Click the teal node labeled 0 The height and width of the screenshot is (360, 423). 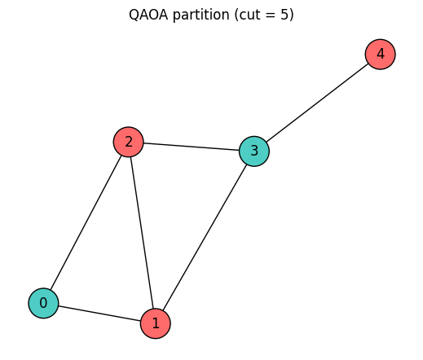43,303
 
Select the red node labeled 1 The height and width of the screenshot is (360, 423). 156,323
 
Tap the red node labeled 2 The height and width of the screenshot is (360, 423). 128,143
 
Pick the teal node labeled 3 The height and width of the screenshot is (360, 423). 254,151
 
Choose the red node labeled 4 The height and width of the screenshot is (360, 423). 380,54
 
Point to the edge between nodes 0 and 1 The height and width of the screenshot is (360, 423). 99,313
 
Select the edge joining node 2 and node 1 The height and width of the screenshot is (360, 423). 142,232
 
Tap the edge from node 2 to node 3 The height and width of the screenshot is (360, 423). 191,147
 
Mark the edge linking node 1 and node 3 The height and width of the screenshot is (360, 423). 205,236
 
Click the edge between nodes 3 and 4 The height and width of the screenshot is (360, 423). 317,102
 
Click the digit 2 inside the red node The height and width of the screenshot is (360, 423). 128,143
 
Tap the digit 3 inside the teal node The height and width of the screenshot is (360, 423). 254,151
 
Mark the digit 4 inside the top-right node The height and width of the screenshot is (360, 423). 380,54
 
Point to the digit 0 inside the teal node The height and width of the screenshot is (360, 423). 43,303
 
